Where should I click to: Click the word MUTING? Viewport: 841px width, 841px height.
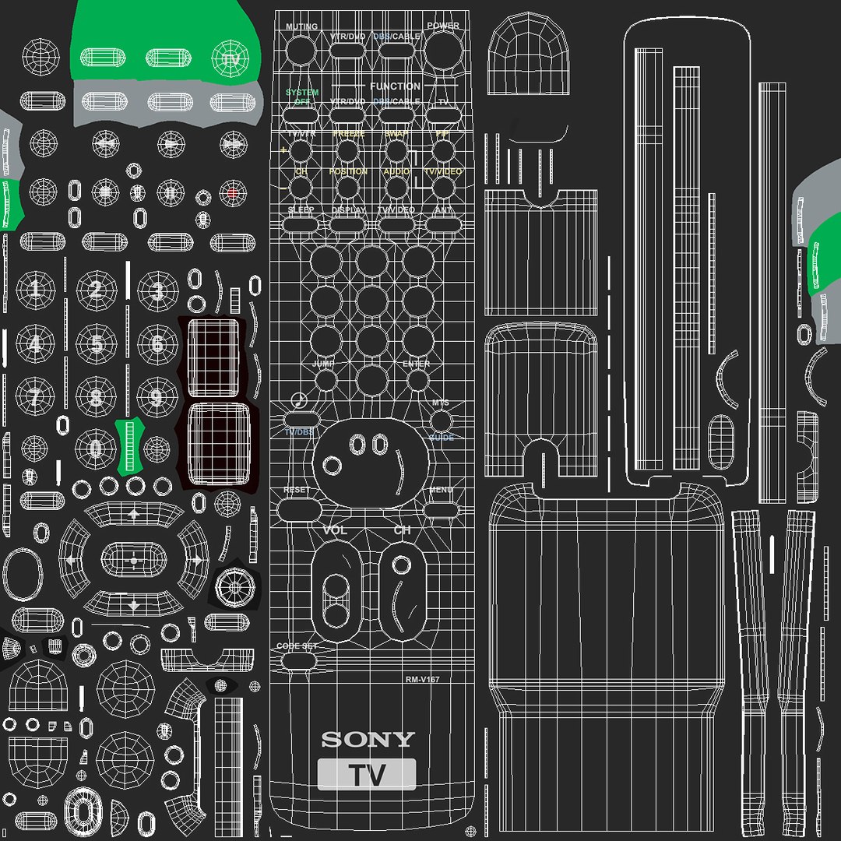(x=301, y=26)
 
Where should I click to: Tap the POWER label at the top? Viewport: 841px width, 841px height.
(x=442, y=26)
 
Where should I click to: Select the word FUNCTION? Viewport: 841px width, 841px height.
(x=395, y=86)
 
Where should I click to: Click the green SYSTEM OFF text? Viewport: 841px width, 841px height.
(x=301, y=97)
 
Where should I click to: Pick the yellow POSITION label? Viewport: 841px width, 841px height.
(x=348, y=171)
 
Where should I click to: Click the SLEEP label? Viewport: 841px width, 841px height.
(x=301, y=210)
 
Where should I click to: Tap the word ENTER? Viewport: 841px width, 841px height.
(x=417, y=364)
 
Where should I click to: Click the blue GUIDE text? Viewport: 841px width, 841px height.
(x=441, y=438)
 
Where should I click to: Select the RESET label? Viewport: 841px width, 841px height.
(x=297, y=491)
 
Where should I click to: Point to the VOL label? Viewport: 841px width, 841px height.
(x=334, y=530)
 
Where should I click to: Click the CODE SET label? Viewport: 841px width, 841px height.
(x=297, y=647)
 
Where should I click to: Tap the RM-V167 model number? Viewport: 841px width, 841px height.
(x=422, y=680)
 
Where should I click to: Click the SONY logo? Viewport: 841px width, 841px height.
(x=368, y=739)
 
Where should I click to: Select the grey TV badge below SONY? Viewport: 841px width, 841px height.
(x=366, y=775)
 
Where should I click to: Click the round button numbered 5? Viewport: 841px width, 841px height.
(x=96, y=343)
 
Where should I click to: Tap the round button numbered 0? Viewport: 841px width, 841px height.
(x=96, y=449)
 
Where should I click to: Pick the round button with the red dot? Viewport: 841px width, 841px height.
(x=232, y=192)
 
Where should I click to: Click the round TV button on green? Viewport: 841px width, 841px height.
(x=231, y=59)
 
